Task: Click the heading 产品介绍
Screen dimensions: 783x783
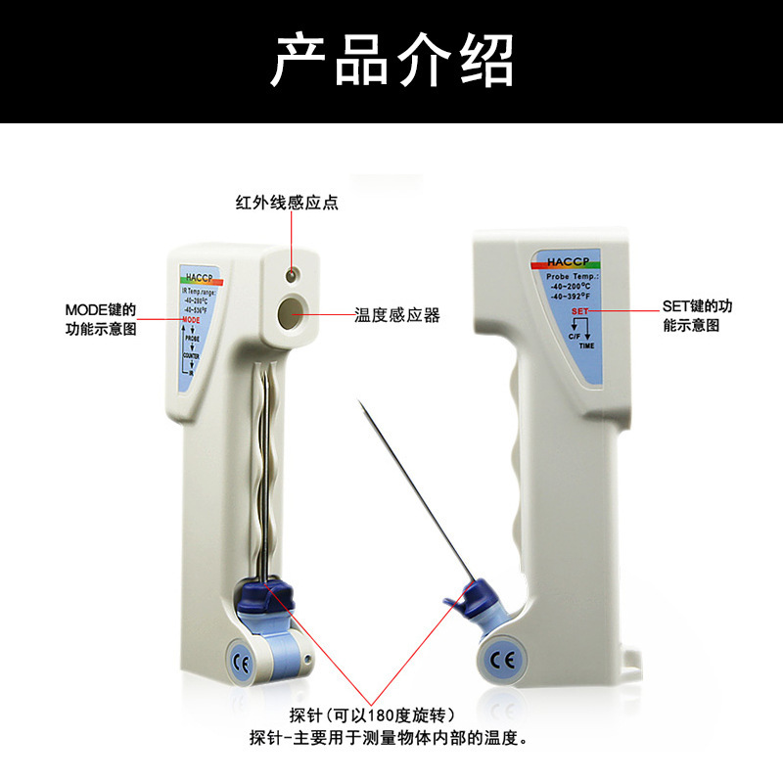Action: coord(391,61)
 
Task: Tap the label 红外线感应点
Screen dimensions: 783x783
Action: coord(288,203)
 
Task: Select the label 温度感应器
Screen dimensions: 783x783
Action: coord(397,315)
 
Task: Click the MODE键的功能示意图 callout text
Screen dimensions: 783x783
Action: coord(101,319)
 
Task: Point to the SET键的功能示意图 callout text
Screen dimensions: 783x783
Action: coord(697,315)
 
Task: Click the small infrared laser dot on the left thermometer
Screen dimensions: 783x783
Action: coord(292,275)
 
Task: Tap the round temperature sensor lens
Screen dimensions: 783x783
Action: coord(291,314)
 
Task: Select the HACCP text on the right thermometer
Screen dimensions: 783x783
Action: coord(567,261)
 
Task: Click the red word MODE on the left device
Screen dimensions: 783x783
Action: coord(191,320)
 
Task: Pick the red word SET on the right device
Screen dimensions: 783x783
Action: coord(579,310)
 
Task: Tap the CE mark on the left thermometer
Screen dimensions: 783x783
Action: coord(241,658)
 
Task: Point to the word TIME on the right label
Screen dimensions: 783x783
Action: coord(586,346)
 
